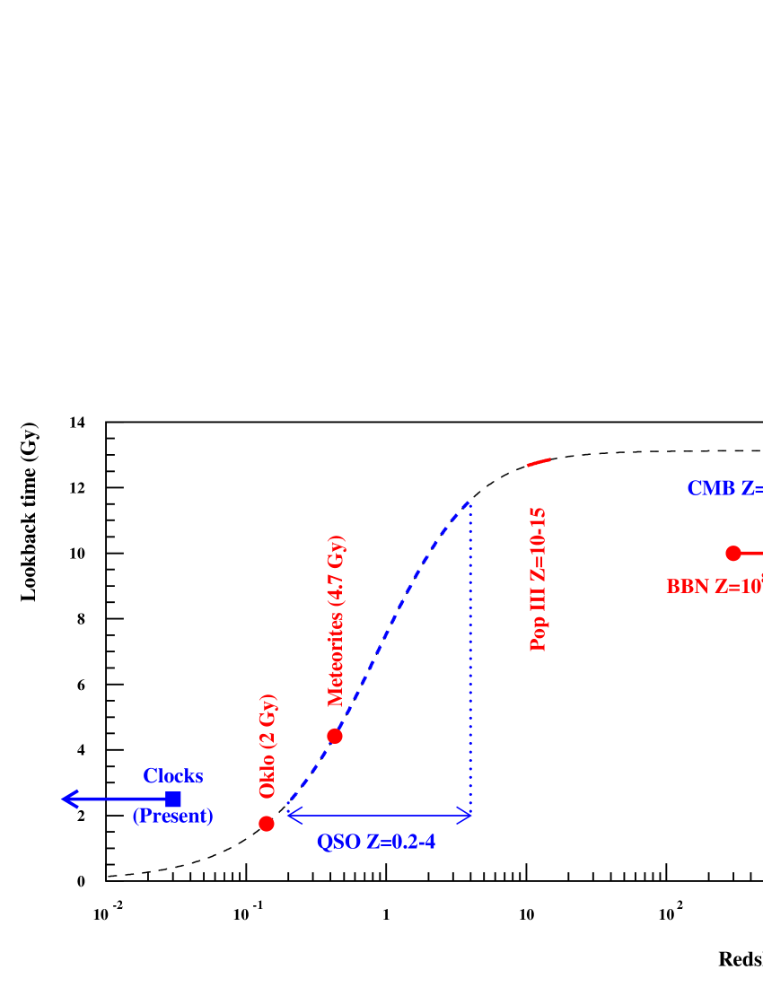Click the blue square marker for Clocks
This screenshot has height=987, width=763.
(173, 799)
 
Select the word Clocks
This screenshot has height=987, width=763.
(173, 776)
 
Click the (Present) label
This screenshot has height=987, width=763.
(173, 817)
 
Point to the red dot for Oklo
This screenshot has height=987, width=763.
(267, 824)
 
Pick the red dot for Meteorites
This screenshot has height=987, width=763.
(335, 736)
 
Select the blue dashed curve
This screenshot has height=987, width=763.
(395, 610)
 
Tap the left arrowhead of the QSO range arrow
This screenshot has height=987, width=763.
(293, 815)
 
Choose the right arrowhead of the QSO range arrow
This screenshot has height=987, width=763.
(465, 815)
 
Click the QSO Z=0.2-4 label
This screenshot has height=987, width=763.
(377, 843)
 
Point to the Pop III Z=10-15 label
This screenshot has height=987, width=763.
(539, 579)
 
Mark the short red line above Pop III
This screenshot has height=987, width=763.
(539, 462)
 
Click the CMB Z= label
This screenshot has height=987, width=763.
(724, 488)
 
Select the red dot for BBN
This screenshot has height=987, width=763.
(733, 553)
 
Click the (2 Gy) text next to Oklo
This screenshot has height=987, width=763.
(267, 723)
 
